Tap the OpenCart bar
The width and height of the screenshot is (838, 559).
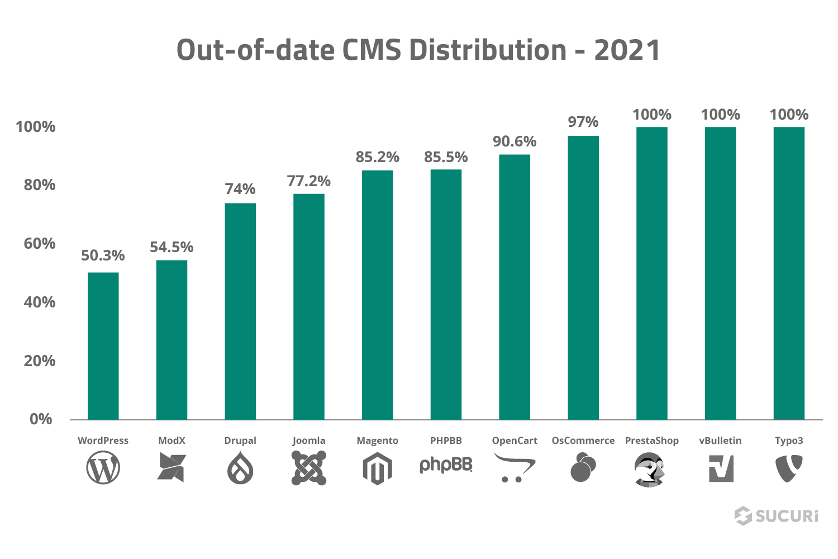515,287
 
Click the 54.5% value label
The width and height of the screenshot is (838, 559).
172,247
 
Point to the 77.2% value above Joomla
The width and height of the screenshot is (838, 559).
309,181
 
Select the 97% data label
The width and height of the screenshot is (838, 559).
583,122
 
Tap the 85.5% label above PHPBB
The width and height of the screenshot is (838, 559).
446,157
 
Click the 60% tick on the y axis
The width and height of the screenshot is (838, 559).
40,244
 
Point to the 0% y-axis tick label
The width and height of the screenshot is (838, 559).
41,419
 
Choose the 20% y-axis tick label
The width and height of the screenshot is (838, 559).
40,361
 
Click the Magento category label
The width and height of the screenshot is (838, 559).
378,440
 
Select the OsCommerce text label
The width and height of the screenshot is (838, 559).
583,440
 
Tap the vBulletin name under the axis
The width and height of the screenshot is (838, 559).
721,440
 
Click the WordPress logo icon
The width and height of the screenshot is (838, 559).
103,468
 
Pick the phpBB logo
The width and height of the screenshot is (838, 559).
446,465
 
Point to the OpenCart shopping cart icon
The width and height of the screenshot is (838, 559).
515,467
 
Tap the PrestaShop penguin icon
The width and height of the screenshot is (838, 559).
651,468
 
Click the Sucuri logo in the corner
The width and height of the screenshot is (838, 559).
776,515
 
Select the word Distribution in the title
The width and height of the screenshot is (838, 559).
488,50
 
